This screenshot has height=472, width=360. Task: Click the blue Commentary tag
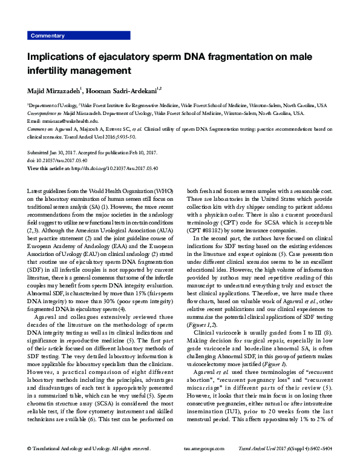tap(48, 36)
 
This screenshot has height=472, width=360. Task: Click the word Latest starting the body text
tap(36, 191)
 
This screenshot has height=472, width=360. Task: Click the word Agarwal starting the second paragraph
tap(48, 317)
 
